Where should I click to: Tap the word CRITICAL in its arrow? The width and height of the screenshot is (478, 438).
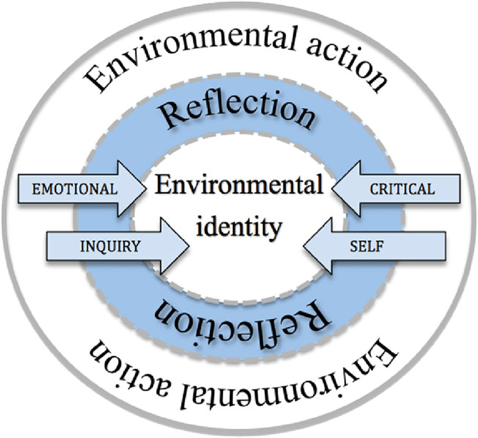402,189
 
